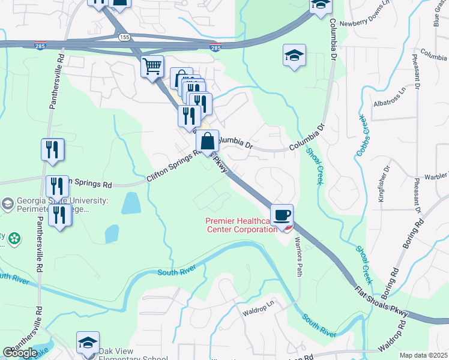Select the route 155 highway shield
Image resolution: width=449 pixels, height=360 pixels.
(124, 37)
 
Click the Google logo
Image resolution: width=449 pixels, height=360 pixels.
(20, 353)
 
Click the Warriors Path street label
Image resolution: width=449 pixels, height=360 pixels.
(298, 257)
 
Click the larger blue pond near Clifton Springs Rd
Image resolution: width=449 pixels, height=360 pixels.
(131, 204)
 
